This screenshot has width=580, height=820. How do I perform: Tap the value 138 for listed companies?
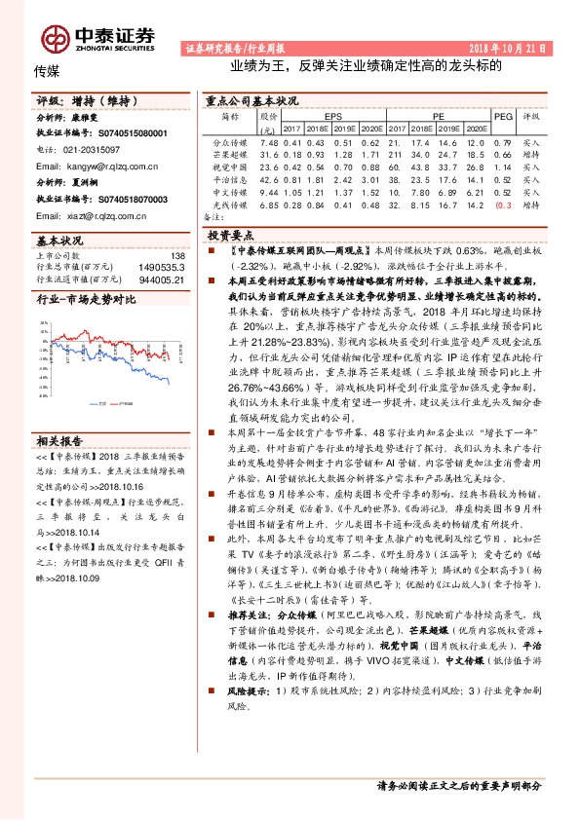pos(176,254)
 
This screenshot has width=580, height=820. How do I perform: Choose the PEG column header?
pos(503,115)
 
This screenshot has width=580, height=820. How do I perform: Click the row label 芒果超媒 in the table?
pos(230,154)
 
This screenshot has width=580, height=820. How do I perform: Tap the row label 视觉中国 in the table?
pos(230,167)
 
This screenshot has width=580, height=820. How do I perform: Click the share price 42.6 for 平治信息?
pos(270,179)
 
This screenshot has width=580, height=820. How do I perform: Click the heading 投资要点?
pos(232,236)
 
